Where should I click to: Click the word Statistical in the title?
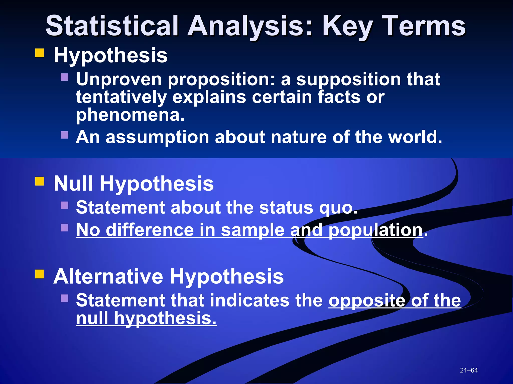coord(112,26)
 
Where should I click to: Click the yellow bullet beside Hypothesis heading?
coord(40,53)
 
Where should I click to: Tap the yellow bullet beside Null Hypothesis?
coord(40,181)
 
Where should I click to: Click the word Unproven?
coord(119,79)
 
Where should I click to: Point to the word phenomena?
coord(130,115)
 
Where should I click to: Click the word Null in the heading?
coord(73,183)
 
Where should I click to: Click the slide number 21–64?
coord(469,370)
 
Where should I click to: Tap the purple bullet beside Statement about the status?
coord(64,205)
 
